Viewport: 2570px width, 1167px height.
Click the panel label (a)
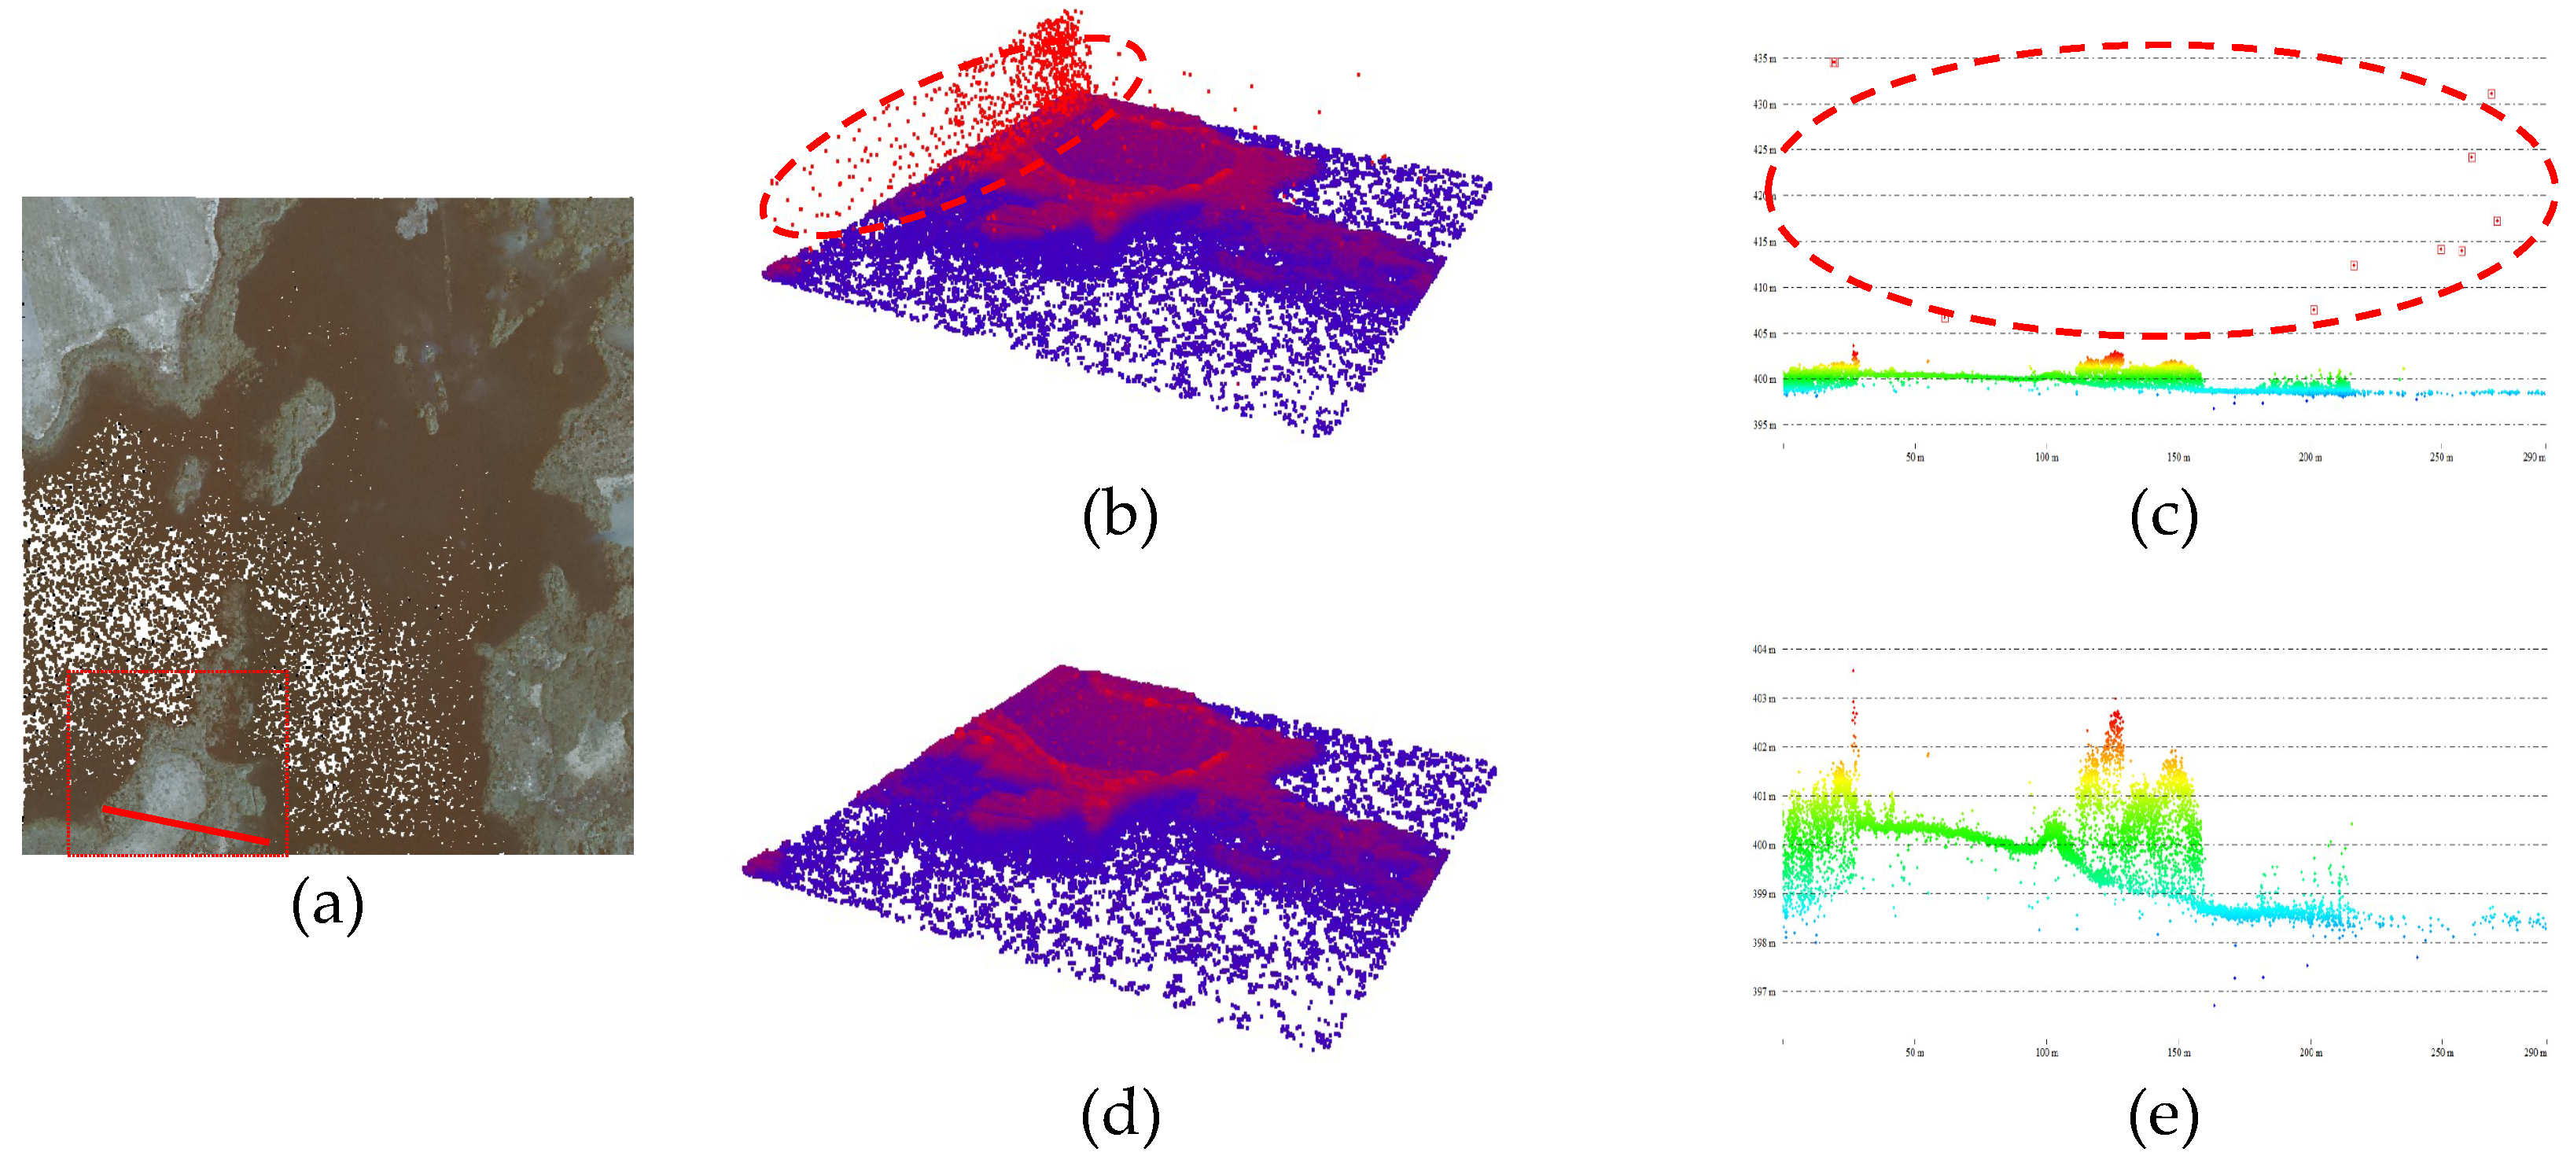coord(326,904)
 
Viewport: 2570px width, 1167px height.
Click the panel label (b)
coord(1119,516)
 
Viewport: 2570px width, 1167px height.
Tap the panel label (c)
coord(2163,516)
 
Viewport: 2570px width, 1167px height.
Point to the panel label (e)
coord(2163,1114)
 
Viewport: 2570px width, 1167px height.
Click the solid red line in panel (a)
coord(186,825)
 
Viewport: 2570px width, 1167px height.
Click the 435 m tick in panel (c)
coord(1764,59)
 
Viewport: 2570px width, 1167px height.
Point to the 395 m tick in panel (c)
coord(1764,425)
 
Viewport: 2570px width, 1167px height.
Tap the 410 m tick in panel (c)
coord(1764,287)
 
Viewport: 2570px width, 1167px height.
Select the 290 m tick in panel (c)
coord(2534,458)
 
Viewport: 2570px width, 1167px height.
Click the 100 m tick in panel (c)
coord(2046,458)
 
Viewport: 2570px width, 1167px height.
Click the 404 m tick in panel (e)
coord(1764,650)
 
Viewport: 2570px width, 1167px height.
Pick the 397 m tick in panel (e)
coord(1764,992)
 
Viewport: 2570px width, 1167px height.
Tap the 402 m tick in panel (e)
coord(1764,747)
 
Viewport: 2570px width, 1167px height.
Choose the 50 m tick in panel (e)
coord(1915,1052)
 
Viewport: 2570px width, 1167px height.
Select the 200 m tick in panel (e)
coord(2310,1052)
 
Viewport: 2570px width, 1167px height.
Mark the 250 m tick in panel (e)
coord(2441,1052)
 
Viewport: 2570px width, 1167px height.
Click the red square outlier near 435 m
coord(1834,63)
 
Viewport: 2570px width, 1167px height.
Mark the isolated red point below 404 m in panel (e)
coord(1854,670)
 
